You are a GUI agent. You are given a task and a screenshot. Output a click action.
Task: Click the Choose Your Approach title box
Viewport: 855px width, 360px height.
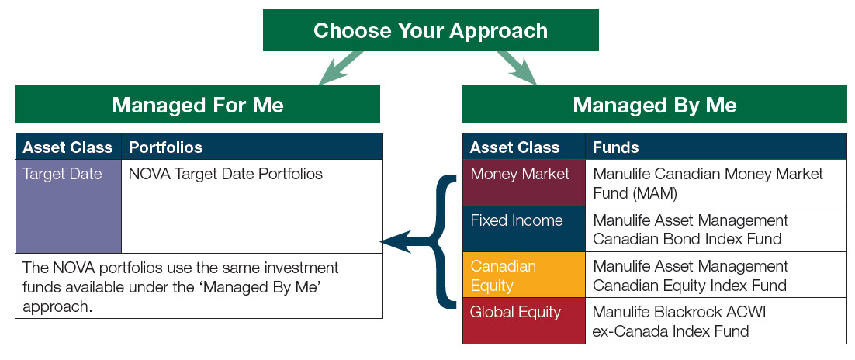coord(431,30)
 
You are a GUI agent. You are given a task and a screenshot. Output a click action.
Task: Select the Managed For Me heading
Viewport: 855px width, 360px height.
coord(197,104)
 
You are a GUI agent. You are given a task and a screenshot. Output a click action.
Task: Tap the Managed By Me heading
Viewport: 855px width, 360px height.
coord(654,104)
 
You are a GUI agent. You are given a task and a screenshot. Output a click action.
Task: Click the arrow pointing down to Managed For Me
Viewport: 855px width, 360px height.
coord(340,68)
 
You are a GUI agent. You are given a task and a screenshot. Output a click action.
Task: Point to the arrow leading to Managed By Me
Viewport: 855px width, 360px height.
coord(517,68)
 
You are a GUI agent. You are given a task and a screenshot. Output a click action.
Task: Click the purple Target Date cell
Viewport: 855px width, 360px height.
coord(69,206)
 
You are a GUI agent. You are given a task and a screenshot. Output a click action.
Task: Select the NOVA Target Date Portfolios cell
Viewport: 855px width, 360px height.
coord(252,206)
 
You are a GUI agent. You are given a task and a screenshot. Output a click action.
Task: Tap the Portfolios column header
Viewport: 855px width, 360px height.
coord(252,147)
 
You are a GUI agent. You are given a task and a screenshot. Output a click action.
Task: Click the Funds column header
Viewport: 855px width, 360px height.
coord(716,147)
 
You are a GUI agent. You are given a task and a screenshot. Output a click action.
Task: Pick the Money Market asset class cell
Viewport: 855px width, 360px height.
coord(524,183)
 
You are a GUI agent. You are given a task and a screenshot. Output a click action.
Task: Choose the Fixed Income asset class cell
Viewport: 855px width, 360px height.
coord(524,229)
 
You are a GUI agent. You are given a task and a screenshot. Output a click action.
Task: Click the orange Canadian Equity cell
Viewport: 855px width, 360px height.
coord(524,275)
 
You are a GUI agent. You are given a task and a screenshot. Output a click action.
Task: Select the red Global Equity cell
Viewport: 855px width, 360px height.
coord(524,320)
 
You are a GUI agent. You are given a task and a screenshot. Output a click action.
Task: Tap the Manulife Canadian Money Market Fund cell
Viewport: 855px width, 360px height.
coord(716,183)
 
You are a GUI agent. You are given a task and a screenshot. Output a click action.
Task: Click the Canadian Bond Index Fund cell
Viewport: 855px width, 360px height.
coord(716,229)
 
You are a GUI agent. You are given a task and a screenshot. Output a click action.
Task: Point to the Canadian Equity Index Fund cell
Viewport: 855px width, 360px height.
coord(716,275)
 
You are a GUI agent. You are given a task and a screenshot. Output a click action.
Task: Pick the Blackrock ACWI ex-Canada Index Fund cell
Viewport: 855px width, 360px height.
coord(716,320)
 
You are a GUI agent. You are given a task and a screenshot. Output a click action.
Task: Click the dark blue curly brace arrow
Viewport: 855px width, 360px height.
coord(431,241)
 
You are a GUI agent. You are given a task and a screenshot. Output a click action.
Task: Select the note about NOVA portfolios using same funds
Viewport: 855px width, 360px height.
coord(199,286)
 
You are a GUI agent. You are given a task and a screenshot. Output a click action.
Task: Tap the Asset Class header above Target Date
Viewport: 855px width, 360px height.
coord(68,147)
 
